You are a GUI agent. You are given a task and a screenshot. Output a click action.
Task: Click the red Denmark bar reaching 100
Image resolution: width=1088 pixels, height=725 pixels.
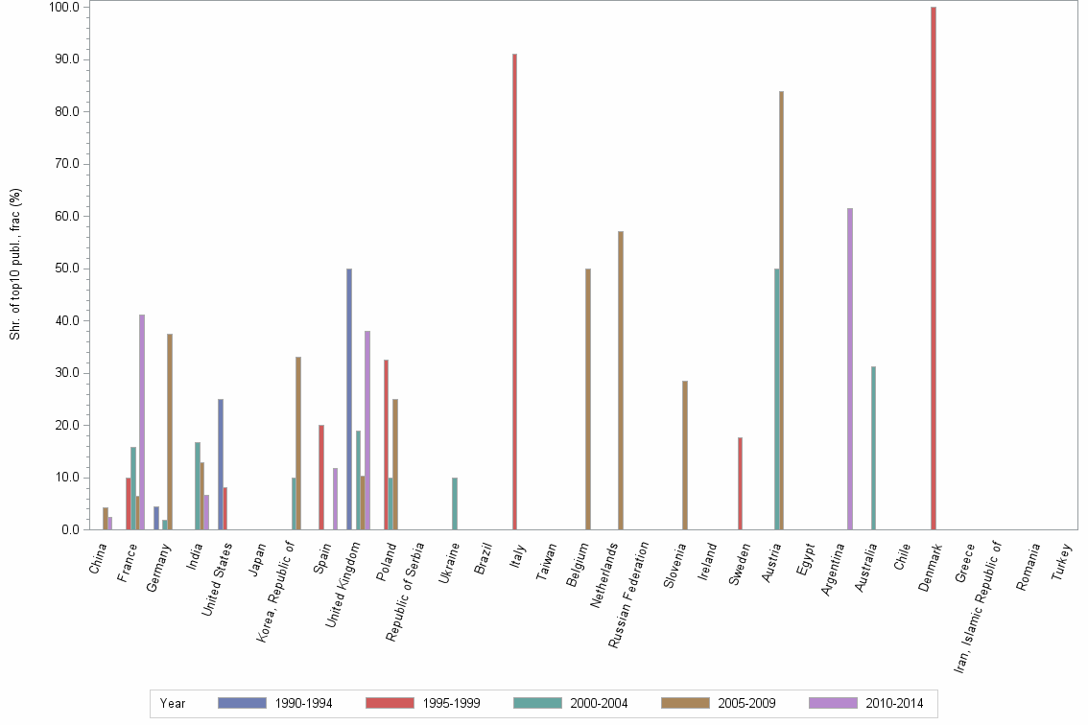pos(933,269)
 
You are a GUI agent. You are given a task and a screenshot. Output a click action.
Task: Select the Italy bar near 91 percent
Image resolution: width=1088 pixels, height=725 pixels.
pos(514,292)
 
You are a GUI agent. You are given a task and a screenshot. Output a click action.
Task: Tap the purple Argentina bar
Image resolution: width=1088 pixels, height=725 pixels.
pos(850,369)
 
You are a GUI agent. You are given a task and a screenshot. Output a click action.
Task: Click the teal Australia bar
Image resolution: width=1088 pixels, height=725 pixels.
pos(873,448)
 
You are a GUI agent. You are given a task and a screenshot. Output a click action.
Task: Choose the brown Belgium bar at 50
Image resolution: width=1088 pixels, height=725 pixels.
pos(588,399)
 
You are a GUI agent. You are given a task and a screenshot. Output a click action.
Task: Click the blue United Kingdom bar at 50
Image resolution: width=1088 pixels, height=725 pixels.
pos(349,399)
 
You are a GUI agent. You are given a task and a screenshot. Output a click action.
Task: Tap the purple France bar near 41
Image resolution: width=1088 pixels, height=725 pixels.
pos(142,422)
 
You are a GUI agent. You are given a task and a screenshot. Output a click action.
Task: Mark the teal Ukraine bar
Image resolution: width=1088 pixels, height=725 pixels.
pos(455,503)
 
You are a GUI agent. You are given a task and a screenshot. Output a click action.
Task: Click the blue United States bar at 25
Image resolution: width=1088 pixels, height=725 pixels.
pos(221,464)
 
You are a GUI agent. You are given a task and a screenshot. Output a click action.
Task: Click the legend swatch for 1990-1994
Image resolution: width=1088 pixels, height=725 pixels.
pos(241,703)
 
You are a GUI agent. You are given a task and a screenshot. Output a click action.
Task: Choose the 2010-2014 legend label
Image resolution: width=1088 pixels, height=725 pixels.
pos(893,704)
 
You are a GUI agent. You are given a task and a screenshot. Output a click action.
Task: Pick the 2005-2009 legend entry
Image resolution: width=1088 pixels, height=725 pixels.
pos(746,704)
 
